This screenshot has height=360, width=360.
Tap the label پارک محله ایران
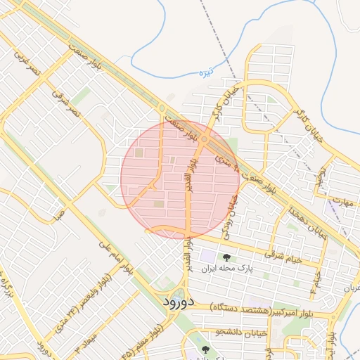226,269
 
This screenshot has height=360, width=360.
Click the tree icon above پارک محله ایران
226,257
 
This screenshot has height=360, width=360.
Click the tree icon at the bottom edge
205,349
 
